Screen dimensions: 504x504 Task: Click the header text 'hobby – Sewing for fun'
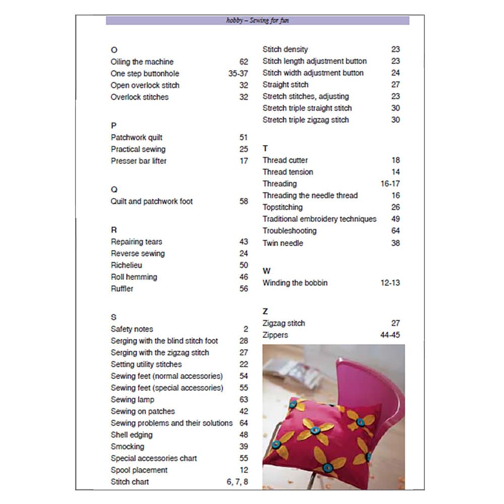(x=258, y=21)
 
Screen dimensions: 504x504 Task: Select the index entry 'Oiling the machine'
(x=142, y=62)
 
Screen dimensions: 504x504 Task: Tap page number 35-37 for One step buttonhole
(x=238, y=74)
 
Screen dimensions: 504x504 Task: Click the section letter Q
(x=114, y=190)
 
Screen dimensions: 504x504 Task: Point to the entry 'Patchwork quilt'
(x=137, y=138)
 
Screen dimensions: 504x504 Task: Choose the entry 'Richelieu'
(x=127, y=265)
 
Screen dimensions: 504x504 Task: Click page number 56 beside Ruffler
(x=243, y=289)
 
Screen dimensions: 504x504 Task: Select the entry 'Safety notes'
(x=132, y=329)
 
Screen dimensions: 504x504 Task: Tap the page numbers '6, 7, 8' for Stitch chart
(x=237, y=482)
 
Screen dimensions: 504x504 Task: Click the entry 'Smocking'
(x=128, y=447)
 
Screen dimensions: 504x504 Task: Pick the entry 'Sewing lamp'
(x=133, y=400)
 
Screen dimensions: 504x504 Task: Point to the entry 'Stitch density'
(x=285, y=49)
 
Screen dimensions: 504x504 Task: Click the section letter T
(x=265, y=148)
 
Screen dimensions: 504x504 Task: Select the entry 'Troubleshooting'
(x=289, y=231)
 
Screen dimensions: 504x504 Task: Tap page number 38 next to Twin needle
(x=395, y=243)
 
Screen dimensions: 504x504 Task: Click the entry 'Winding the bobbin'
(x=295, y=283)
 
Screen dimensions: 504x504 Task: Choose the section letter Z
(x=265, y=311)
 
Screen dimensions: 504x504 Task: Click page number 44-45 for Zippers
(x=390, y=335)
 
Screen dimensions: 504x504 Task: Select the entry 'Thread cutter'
(x=285, y=160)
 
